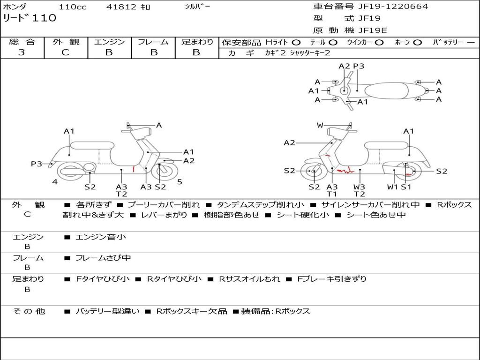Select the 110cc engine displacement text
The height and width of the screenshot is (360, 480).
(x=69, y=7)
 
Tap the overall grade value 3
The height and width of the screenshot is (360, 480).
(x=22, y=52)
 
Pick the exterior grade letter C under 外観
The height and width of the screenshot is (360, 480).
(x=65, y=52)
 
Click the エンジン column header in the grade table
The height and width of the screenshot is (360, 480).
(x=109, y=42)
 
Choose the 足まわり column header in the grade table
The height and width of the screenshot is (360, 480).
(x=197, y=42)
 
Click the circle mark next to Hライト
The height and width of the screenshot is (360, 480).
(x=296, y=43)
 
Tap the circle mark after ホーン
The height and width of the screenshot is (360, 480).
(x=417, y=43)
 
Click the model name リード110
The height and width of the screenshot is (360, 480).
(x=30, y=18)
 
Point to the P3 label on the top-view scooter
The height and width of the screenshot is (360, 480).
(x=359, y=66)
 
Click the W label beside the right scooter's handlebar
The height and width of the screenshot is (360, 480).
(x=320, y=125)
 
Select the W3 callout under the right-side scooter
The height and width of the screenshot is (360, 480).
(x=360, y=187)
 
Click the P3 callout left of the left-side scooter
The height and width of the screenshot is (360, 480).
(x=37, y=164)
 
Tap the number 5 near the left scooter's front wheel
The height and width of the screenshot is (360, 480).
(x=180, y=182)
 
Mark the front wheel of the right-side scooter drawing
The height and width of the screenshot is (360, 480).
(x=314, y=172)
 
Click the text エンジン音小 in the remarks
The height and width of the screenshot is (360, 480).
(x=101, y=237)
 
